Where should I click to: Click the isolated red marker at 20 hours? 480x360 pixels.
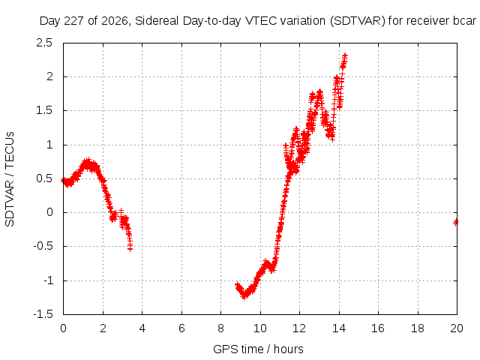pos(456,222)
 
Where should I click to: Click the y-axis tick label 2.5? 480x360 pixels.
pos(44,43)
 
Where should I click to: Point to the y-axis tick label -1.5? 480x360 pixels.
pos(43,314)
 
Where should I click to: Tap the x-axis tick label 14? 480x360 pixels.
pos(339,328)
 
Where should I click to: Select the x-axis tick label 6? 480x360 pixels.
pos(181,328)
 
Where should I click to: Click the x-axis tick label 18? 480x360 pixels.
pos(418,328)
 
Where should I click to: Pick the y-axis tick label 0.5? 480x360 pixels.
pos(44,178)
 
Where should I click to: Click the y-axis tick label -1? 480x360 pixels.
pos(47,280)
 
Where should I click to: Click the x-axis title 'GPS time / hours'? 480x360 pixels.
pos(258,349)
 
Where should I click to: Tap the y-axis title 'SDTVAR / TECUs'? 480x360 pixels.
pos(10,179)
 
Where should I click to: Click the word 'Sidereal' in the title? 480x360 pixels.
pos(157,21)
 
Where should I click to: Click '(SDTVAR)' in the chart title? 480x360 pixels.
pos(358,21)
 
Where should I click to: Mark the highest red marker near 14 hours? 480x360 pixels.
pos(345,55)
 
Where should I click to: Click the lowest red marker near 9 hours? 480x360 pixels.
pos(244,297)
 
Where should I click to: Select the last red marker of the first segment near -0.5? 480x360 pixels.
pos(130,248)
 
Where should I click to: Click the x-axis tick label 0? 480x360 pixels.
pos(63,328)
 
